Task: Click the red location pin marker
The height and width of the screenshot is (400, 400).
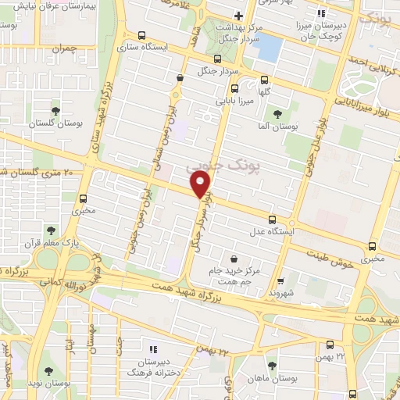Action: (201, 184)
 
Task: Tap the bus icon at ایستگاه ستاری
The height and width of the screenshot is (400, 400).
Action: (141, 35)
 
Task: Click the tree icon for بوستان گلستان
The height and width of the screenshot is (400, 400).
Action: (55, 111)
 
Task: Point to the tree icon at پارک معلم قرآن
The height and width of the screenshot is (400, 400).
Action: (50, 230)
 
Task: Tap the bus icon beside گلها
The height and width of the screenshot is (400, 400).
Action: (264, 79)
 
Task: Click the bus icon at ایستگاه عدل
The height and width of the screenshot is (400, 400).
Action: (272, 220)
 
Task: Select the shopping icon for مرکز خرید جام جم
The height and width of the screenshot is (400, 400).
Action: (234, 259)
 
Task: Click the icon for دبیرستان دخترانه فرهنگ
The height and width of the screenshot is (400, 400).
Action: (152, 348)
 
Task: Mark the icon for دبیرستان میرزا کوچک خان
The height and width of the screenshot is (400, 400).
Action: (320, 13)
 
